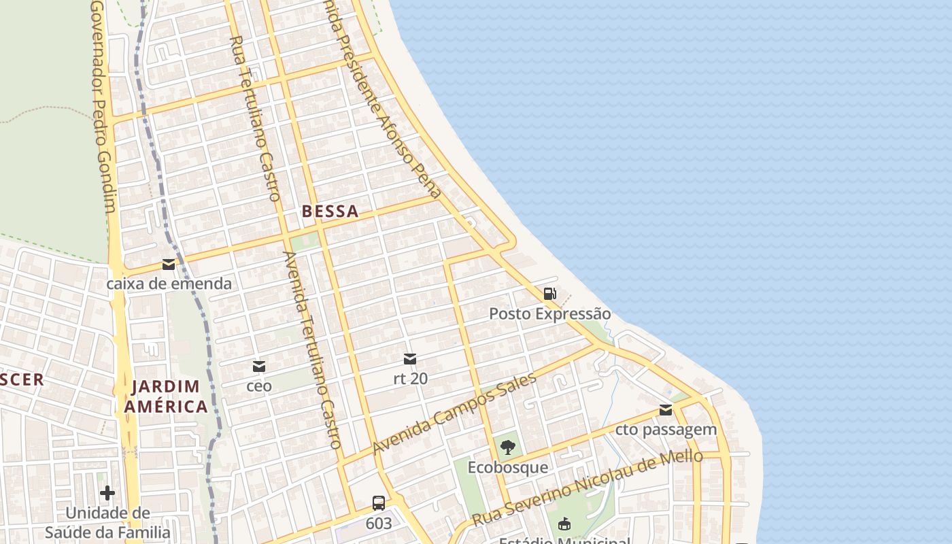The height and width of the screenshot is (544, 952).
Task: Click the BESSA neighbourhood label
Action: [330, 211]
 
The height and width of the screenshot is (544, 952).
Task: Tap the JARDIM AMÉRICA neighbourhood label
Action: [166, 396]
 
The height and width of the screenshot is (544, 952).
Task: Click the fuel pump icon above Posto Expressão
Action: [550, 294]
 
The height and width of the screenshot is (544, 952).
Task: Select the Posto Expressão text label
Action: [550, 313]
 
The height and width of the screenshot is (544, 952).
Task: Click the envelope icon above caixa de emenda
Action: [169, 265]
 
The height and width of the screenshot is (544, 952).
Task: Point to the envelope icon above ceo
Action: [259, 367]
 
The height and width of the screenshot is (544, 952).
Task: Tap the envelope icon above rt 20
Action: [410, 359]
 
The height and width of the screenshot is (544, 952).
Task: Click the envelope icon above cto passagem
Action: [666, 410]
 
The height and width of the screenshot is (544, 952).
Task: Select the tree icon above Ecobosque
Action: [507, 447]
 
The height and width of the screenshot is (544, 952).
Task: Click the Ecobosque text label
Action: [508, 468]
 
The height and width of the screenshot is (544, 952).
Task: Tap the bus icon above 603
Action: [379, 503]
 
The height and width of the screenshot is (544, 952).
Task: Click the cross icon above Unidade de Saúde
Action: [107, 493]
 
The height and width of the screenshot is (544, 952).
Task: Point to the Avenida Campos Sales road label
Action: [454, 413]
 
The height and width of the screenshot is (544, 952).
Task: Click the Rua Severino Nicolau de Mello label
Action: [586, 488]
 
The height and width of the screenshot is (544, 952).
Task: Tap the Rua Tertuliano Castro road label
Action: [256, 119]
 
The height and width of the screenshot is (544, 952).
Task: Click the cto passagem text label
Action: [666, 430]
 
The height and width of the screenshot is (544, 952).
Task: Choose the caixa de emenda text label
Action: [169, 284]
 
